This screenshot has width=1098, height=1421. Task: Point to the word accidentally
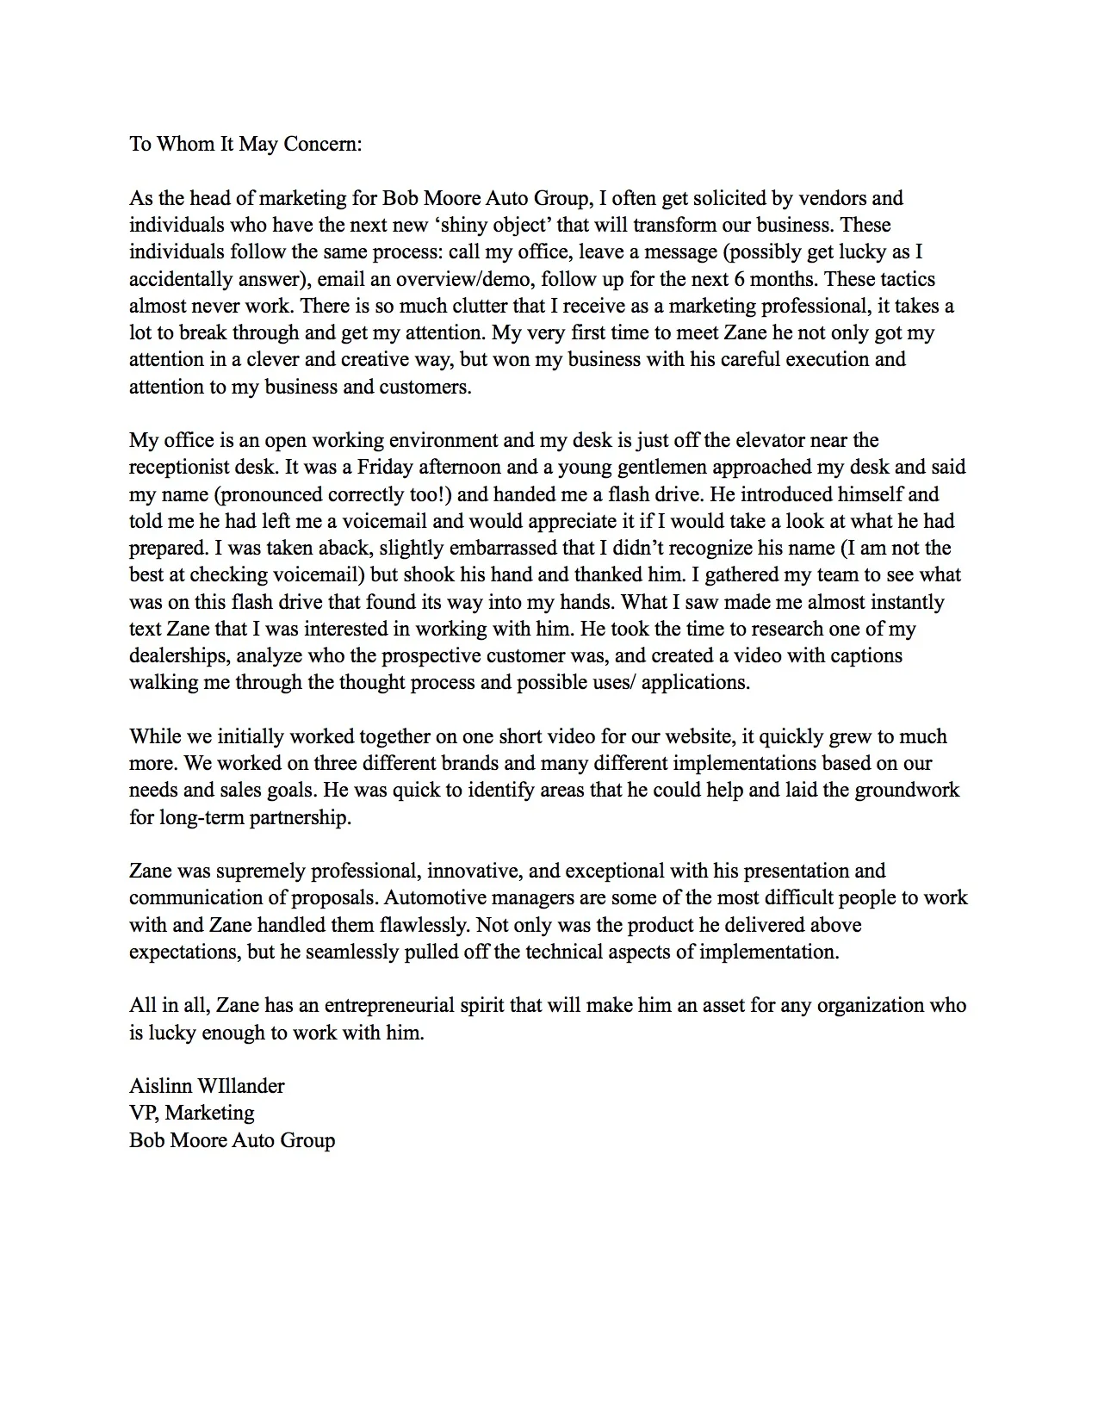coord(178,279)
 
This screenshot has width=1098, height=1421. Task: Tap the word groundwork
coord(906,790)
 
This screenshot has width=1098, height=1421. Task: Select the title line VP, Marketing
coord(192,1113)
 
